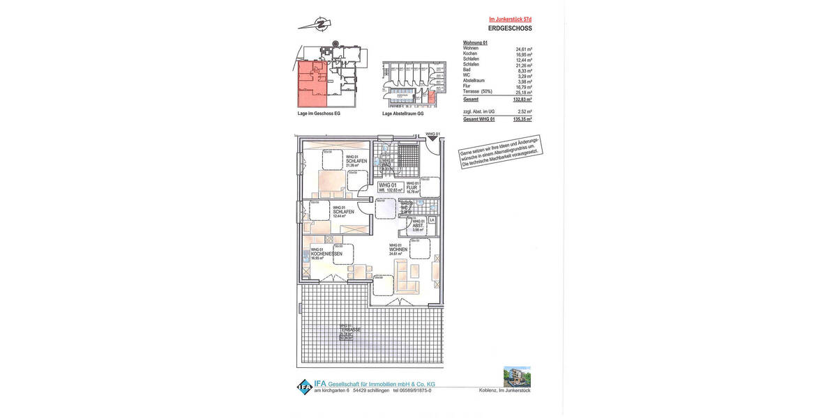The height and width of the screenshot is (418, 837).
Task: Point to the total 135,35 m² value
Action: coord(522,119)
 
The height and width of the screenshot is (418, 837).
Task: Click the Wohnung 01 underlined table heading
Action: coord(475,43)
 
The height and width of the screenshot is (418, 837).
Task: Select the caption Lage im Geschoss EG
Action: coord(319,113)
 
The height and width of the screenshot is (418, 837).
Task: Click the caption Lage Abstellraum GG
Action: coord(402,113)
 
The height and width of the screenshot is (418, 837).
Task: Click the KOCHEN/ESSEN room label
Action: coord(326,254)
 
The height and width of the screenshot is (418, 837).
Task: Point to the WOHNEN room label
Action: coord(398,249)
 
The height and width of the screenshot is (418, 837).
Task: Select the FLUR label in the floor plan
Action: coord(412,186)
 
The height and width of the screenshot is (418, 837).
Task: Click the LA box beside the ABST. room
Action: coord(432,220)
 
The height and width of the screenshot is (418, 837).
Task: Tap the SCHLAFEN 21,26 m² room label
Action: coord(356,161)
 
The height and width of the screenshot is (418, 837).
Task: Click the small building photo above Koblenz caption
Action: coord(516,376)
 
